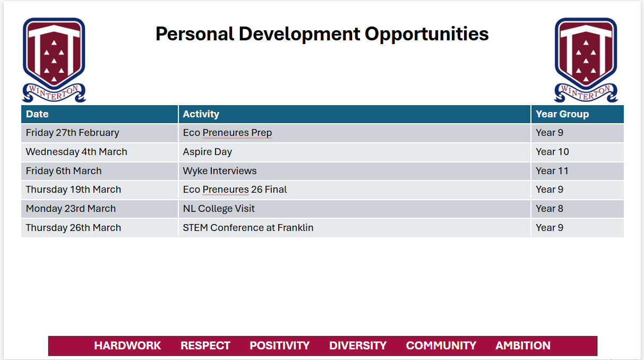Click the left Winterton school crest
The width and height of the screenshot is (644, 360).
[54, 60]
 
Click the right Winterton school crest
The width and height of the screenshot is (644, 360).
[586, 60]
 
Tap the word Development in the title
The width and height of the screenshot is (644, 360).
[299, 35]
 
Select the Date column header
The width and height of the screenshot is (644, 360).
[37, 114]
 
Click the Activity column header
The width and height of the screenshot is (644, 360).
[201, 114]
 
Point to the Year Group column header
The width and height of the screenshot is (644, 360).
[562, 114]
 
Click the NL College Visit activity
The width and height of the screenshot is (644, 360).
[219, 209]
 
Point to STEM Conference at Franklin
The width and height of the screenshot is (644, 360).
[248, 227]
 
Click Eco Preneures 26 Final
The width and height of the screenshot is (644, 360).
[235, 190]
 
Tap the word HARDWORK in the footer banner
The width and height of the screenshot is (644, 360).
[127, 346]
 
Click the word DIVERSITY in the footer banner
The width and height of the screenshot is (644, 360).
[358, 346]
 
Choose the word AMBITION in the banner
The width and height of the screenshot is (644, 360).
[523, 346]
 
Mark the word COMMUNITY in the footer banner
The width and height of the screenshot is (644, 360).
[441, 346]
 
